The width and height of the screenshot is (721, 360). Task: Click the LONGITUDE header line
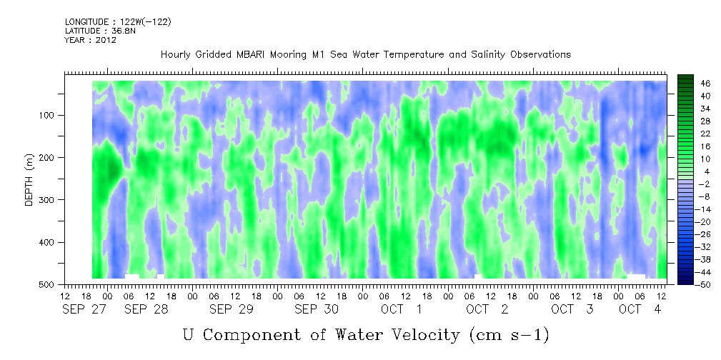[118, 21]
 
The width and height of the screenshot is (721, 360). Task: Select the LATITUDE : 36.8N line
[100, 31]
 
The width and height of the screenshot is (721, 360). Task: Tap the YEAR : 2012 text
[91, 40]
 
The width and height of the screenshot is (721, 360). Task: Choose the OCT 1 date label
[402, 309]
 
